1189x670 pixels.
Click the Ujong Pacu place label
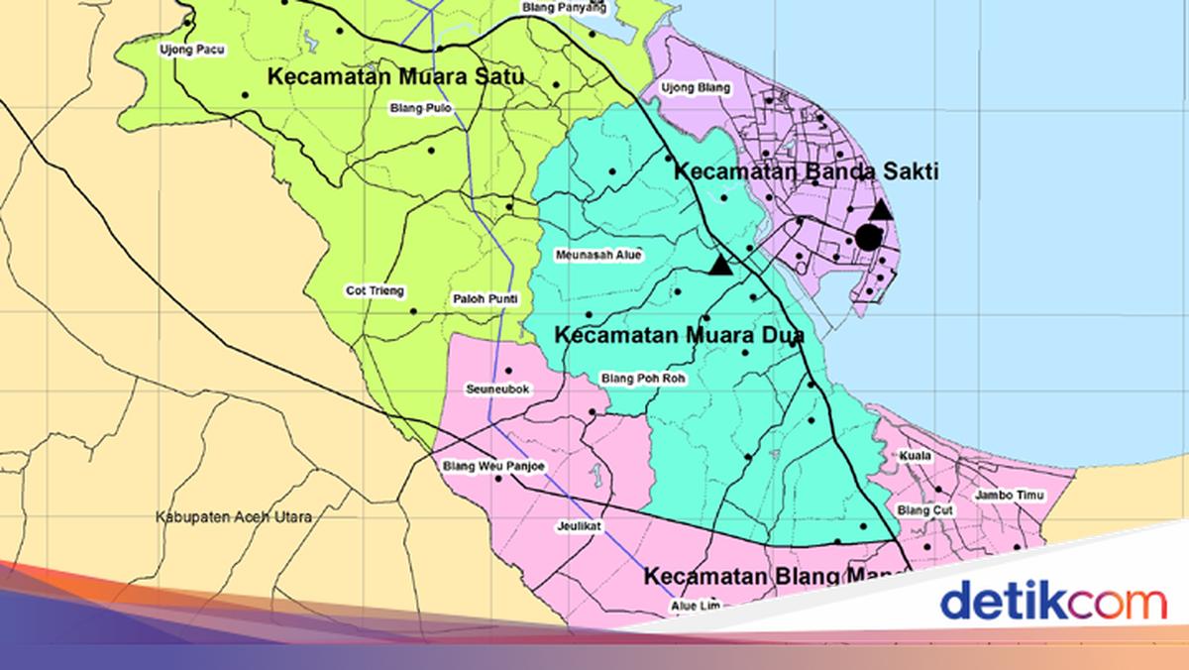[x=192, y=49]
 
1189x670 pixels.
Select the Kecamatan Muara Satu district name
[x=395, y=76]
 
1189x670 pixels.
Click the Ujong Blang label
[x=696, y=88]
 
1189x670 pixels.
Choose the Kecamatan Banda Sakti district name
[x=806, y=171]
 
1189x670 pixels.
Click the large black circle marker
[x=868, y=236]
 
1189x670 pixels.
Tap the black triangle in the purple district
[x=880, y=210]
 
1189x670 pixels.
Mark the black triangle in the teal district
[x=720, y=266]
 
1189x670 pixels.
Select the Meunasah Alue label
[x=598, y=255]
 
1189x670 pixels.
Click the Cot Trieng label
[x=375, y=291]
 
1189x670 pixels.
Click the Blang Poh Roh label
[x=644, y=378]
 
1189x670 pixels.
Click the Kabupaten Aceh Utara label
[x=234, y=517]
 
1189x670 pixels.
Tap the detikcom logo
[x=1053, y=602]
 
